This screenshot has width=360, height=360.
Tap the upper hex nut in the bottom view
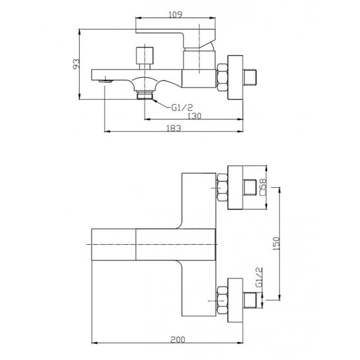click(221, 188)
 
